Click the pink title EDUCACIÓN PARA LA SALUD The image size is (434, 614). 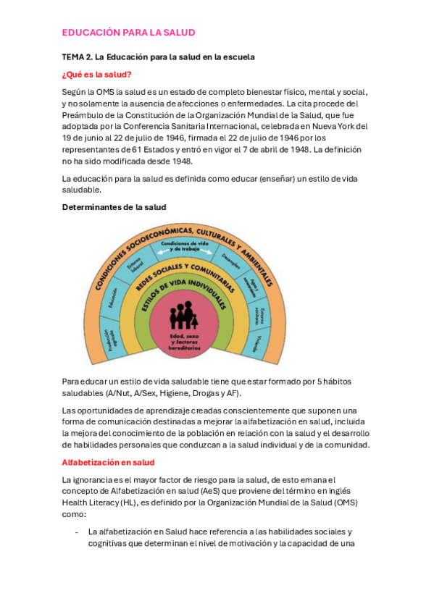click(128, 33)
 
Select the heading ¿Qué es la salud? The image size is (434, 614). click(96, 74)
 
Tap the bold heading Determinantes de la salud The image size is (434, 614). click(114, 207)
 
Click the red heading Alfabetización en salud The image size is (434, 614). click(108, 462)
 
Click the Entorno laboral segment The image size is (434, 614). click(135, 267)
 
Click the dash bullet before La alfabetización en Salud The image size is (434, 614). click(77, 531)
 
